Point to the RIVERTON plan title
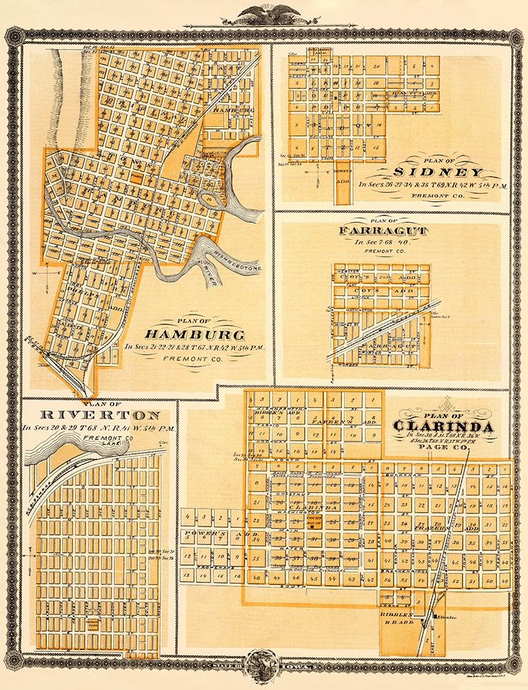point(91,415)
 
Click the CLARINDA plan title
point(443,426)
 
